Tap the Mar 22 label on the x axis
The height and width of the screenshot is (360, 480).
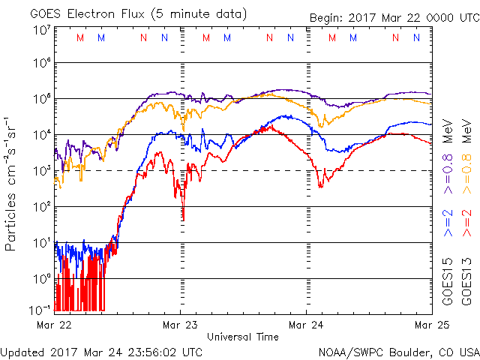[54, 325]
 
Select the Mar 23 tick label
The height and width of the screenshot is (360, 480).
[181, 325]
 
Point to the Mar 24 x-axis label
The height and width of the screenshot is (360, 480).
[307, 325]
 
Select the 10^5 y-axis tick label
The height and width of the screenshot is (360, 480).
[42, 100]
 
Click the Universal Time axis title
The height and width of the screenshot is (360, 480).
[243, 337]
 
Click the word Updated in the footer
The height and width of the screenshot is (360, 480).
[23, 352]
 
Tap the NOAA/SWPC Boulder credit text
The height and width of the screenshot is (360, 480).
[398, 352]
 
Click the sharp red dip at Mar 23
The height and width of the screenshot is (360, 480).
[184, 218]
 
